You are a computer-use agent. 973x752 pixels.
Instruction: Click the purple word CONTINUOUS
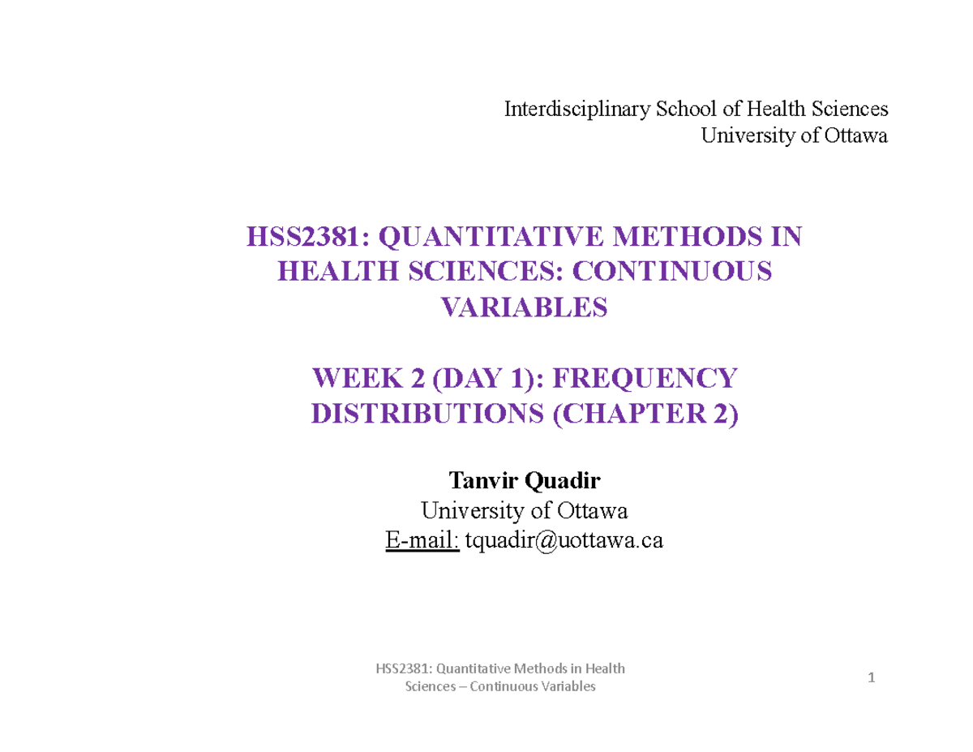tap(671, 273)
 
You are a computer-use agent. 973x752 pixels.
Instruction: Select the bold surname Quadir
tap(564, 483)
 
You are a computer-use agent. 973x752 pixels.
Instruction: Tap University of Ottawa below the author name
tap(524, 512)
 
